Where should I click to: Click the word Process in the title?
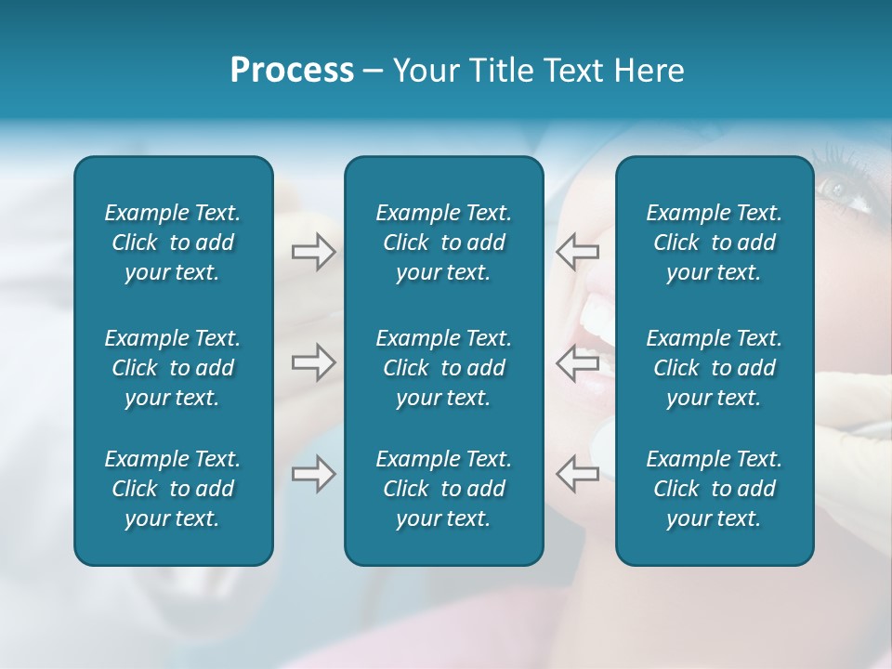click(x=292, y=71)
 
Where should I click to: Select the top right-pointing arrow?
click(x=313, y=251)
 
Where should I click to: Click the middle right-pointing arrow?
click(x=313, y=362)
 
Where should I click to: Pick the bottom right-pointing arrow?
click(x=313, y=474)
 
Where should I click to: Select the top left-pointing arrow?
click(x=577, y=251)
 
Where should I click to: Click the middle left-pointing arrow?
click(x=577, y=362)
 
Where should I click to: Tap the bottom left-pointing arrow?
click(x=577, y=474)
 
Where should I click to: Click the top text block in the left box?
click(x=173, y=243)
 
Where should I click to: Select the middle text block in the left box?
click(x=173, y=368)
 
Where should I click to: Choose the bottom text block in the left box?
click(x=173, y=489)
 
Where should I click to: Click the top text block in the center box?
click(x=443, y=243)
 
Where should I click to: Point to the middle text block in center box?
click(x=443, y=368)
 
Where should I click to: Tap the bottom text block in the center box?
click(x=443, y=489)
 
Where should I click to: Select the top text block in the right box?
click(x=714, y=243)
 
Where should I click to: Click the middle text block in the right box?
click(x=714, y=368)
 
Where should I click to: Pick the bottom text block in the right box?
click(x=714, y=489)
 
